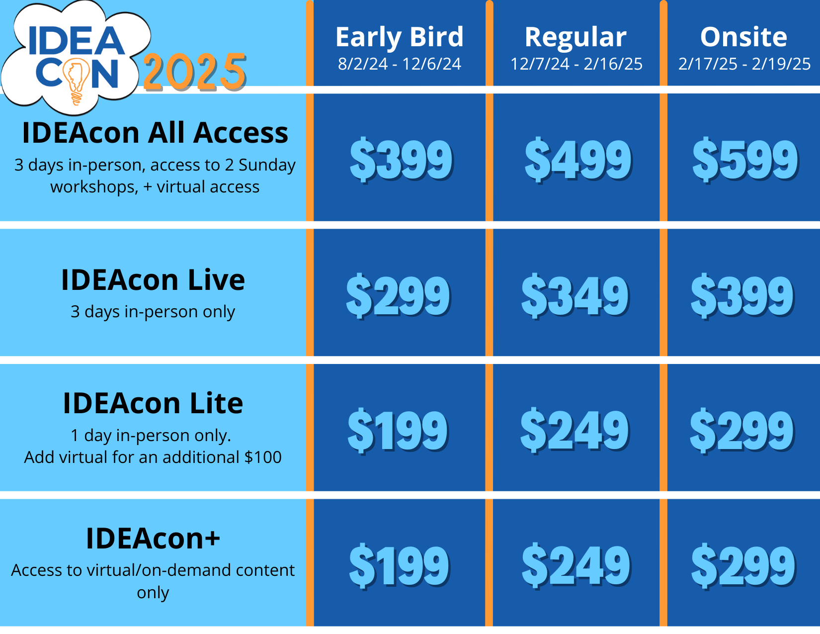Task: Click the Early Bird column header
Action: pyautogui.click(x=399, y=37)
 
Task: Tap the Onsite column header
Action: pyautogui.click(x=744, y=37)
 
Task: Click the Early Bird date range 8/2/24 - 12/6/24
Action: pyautogui.click(x=399, y=64)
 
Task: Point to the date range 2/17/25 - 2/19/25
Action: pyautogui.click(x=744, y=64)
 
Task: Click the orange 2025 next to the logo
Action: pyautogui.click(x=195, y=72)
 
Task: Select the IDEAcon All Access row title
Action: pyautogui.click(x=155, y=133)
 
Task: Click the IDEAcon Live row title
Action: pyautogui.click(x=153, y=280)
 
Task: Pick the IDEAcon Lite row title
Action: pyautogui.click(x=153, y=403)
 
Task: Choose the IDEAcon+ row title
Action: pyautogui.click(x=153, y=538)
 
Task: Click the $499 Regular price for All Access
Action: pyautogui.click(x=578, y=160)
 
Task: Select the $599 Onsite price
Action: pyautogui.click(x=745, y=160)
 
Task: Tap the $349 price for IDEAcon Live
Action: pyautogui.click(x=575, y=296)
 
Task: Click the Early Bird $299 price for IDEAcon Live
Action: pyautogui.click(x=398, y=296)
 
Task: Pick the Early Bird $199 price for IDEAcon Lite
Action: pyautogui.click(x=398, y=430)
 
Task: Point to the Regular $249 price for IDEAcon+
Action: pyautogui.click(x=576, y=565)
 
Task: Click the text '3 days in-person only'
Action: pyautogui.click(x=153, y=312)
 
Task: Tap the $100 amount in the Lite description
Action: pyautogui.click(x=263, y=457)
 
